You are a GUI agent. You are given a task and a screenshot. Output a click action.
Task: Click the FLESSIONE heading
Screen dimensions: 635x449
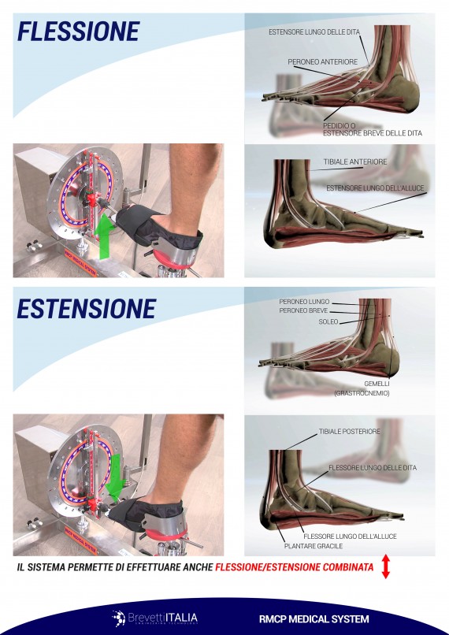(78, 32)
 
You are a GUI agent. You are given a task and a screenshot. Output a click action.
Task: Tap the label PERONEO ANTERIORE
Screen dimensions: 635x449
(323, 61)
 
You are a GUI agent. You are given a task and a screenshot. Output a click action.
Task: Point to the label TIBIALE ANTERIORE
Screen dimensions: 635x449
(355, 162)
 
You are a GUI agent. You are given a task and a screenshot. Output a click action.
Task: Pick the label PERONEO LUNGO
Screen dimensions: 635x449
(304, 302)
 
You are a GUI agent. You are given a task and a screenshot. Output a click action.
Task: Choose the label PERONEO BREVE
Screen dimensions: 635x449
(304, 311)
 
